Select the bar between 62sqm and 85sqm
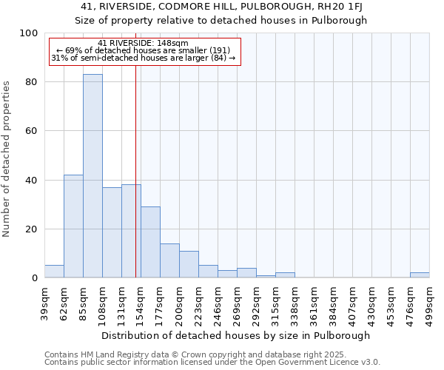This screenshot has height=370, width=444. coord(73,226)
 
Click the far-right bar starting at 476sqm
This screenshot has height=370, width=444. coord(420,275)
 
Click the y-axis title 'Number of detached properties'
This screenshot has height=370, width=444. coord(7,160)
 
